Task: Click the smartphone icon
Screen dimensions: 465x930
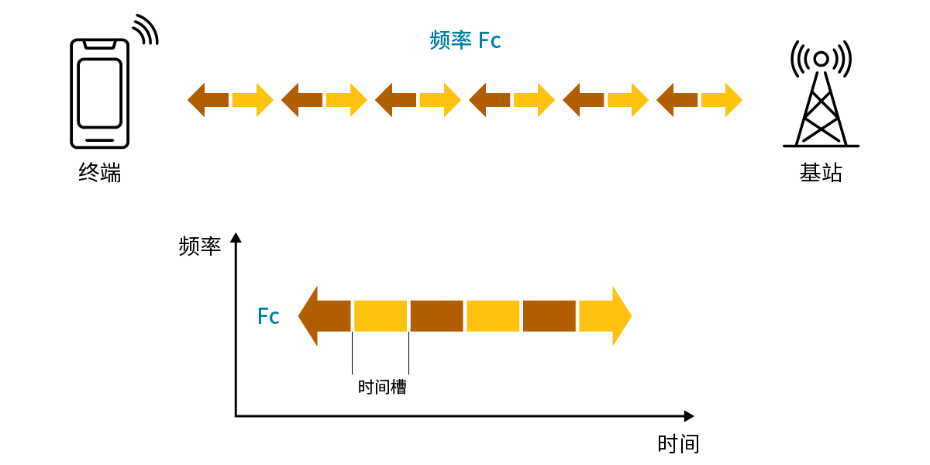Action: (x=99, y=93)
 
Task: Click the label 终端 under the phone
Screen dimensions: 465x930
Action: (x=100, y=171)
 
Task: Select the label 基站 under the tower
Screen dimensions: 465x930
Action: (x=821, y=172)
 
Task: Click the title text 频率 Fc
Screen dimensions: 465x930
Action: (x=465, y=40)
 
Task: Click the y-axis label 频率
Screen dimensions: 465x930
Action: (x=199, y=246)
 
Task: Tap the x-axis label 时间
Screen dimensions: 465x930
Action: (x=678, y=444)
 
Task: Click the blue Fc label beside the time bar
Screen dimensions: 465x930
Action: (x=268, y=316)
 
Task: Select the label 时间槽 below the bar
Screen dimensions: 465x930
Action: (x=382, y=387)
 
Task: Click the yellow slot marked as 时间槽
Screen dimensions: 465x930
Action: (x=381, y=316)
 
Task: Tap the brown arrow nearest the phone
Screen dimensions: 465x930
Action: (x=208, y=100)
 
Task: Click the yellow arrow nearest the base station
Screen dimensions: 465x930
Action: (x=722, y=100)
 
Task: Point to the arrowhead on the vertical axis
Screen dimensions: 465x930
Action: (x=236, y=238)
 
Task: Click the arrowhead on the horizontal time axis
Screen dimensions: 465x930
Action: (x=688, y=416)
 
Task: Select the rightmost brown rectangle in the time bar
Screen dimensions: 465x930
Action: (x=549, y=316)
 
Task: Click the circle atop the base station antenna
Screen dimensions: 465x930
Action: (x=821, y=59)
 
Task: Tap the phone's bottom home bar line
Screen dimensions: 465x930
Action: (x=99, y=140)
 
